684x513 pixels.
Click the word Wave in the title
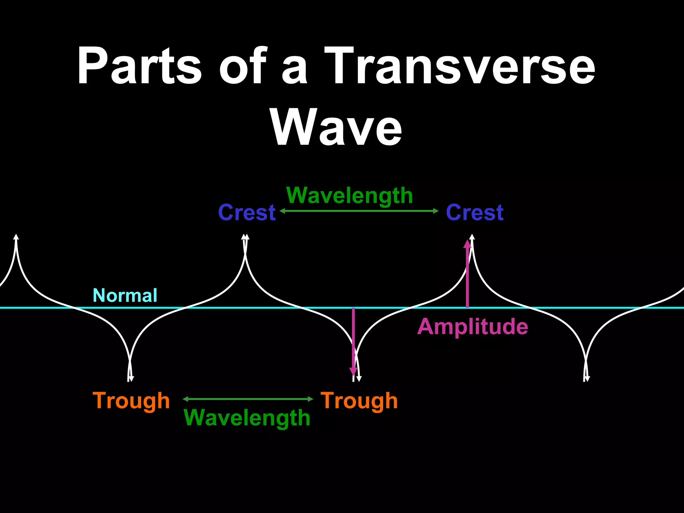[336, 128]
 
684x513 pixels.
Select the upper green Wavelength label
[350, 195]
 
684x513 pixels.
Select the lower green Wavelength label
[247, 418]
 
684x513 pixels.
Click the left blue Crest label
[247, 212]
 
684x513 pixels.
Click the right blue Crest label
[475, 212]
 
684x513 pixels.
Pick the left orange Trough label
[131, 400]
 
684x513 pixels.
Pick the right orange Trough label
[359, 400]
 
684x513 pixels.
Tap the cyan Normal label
[125, 296]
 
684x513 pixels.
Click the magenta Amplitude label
[473, 326]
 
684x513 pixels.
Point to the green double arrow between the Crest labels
[359, 211]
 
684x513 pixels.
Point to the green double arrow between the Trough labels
[248, 399]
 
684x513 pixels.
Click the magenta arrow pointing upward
[467, 274]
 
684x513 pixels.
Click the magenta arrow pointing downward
[353, 341]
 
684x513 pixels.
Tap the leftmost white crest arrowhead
[16, 237]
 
